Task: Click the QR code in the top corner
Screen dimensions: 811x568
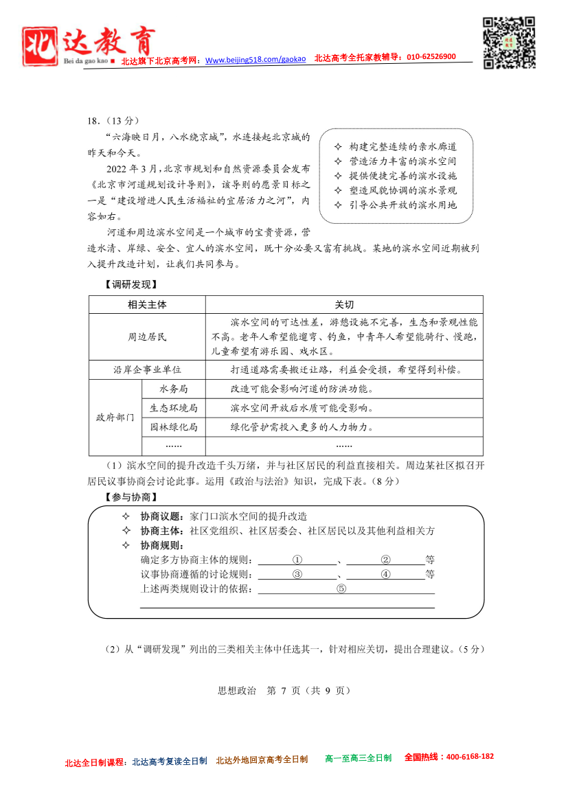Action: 509,43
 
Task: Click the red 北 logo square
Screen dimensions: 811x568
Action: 40,48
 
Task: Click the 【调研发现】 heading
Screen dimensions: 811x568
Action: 121,284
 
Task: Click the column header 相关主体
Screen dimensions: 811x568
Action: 147,305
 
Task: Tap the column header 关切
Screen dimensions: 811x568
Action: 344,305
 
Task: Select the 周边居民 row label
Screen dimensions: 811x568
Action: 147,337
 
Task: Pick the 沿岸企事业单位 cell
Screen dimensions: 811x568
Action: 147,369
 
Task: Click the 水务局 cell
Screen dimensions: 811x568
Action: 173,389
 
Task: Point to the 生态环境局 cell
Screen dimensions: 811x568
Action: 173,408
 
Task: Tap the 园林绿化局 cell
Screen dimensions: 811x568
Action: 173,427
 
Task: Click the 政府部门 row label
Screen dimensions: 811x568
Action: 115,418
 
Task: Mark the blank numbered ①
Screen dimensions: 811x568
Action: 297,559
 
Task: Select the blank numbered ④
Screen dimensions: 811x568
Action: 385,573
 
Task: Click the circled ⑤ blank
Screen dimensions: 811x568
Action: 341,589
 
